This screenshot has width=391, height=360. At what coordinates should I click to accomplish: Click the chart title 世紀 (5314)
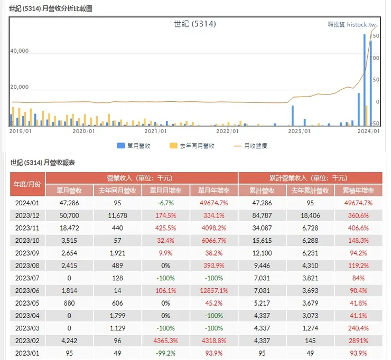pyautogui.click(x=195, y=24)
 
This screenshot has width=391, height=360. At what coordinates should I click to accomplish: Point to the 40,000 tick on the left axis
pyautogui.click(x=20, y=51)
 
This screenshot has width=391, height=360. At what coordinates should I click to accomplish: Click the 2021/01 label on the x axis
pyautogui.click(x=156, y=131)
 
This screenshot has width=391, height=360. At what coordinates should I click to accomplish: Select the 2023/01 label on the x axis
pyautogui.click(x=300, y=131)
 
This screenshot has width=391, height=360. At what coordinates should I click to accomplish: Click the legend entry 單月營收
pyautogui.click(x=135, y=146)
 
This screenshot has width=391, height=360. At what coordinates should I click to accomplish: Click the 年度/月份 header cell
pyautogui.click(x=27, y=184)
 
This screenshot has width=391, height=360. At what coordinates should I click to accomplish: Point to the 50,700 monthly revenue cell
pyautogui.click(x=70, y=215)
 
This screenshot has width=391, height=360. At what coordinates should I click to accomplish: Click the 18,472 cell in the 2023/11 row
pyautogui.click(x=70, y=228)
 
